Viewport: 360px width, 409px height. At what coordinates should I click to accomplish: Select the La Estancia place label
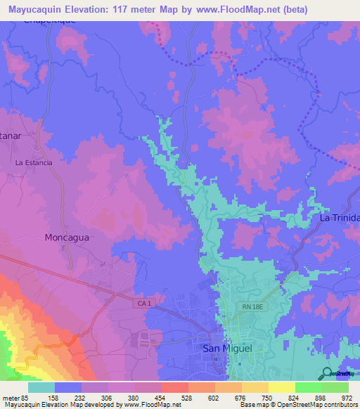[x=34, y=162]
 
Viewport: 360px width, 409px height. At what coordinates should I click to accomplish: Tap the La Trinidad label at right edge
[x=340, y=219]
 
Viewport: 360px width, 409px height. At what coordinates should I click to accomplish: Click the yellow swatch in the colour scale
[x=282, y=387]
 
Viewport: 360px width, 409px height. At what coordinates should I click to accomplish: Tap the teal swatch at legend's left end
[x=41, y=387]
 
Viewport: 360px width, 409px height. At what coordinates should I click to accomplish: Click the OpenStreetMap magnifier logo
[x=328, y=374]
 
